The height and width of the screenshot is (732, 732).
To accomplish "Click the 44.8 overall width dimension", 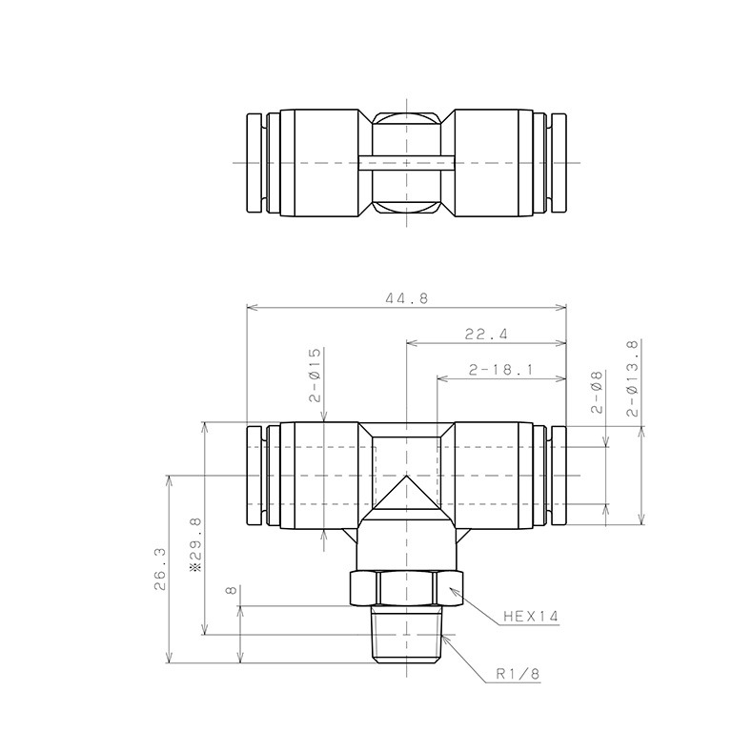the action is point(406,297).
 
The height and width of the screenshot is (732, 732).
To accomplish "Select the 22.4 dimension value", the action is point(486,334).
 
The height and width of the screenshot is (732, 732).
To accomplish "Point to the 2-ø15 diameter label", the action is point(315,375).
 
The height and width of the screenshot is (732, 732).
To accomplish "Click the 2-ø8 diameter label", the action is point(597,392).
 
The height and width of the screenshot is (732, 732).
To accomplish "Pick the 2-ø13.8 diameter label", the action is point(633,378).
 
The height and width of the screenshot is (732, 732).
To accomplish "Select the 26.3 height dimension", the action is point(160,569).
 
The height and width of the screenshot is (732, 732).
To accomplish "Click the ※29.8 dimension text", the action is point(196,544).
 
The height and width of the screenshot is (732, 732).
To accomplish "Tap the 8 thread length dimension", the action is point(232,591).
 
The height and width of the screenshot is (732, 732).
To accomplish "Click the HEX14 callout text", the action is point(531,617).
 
